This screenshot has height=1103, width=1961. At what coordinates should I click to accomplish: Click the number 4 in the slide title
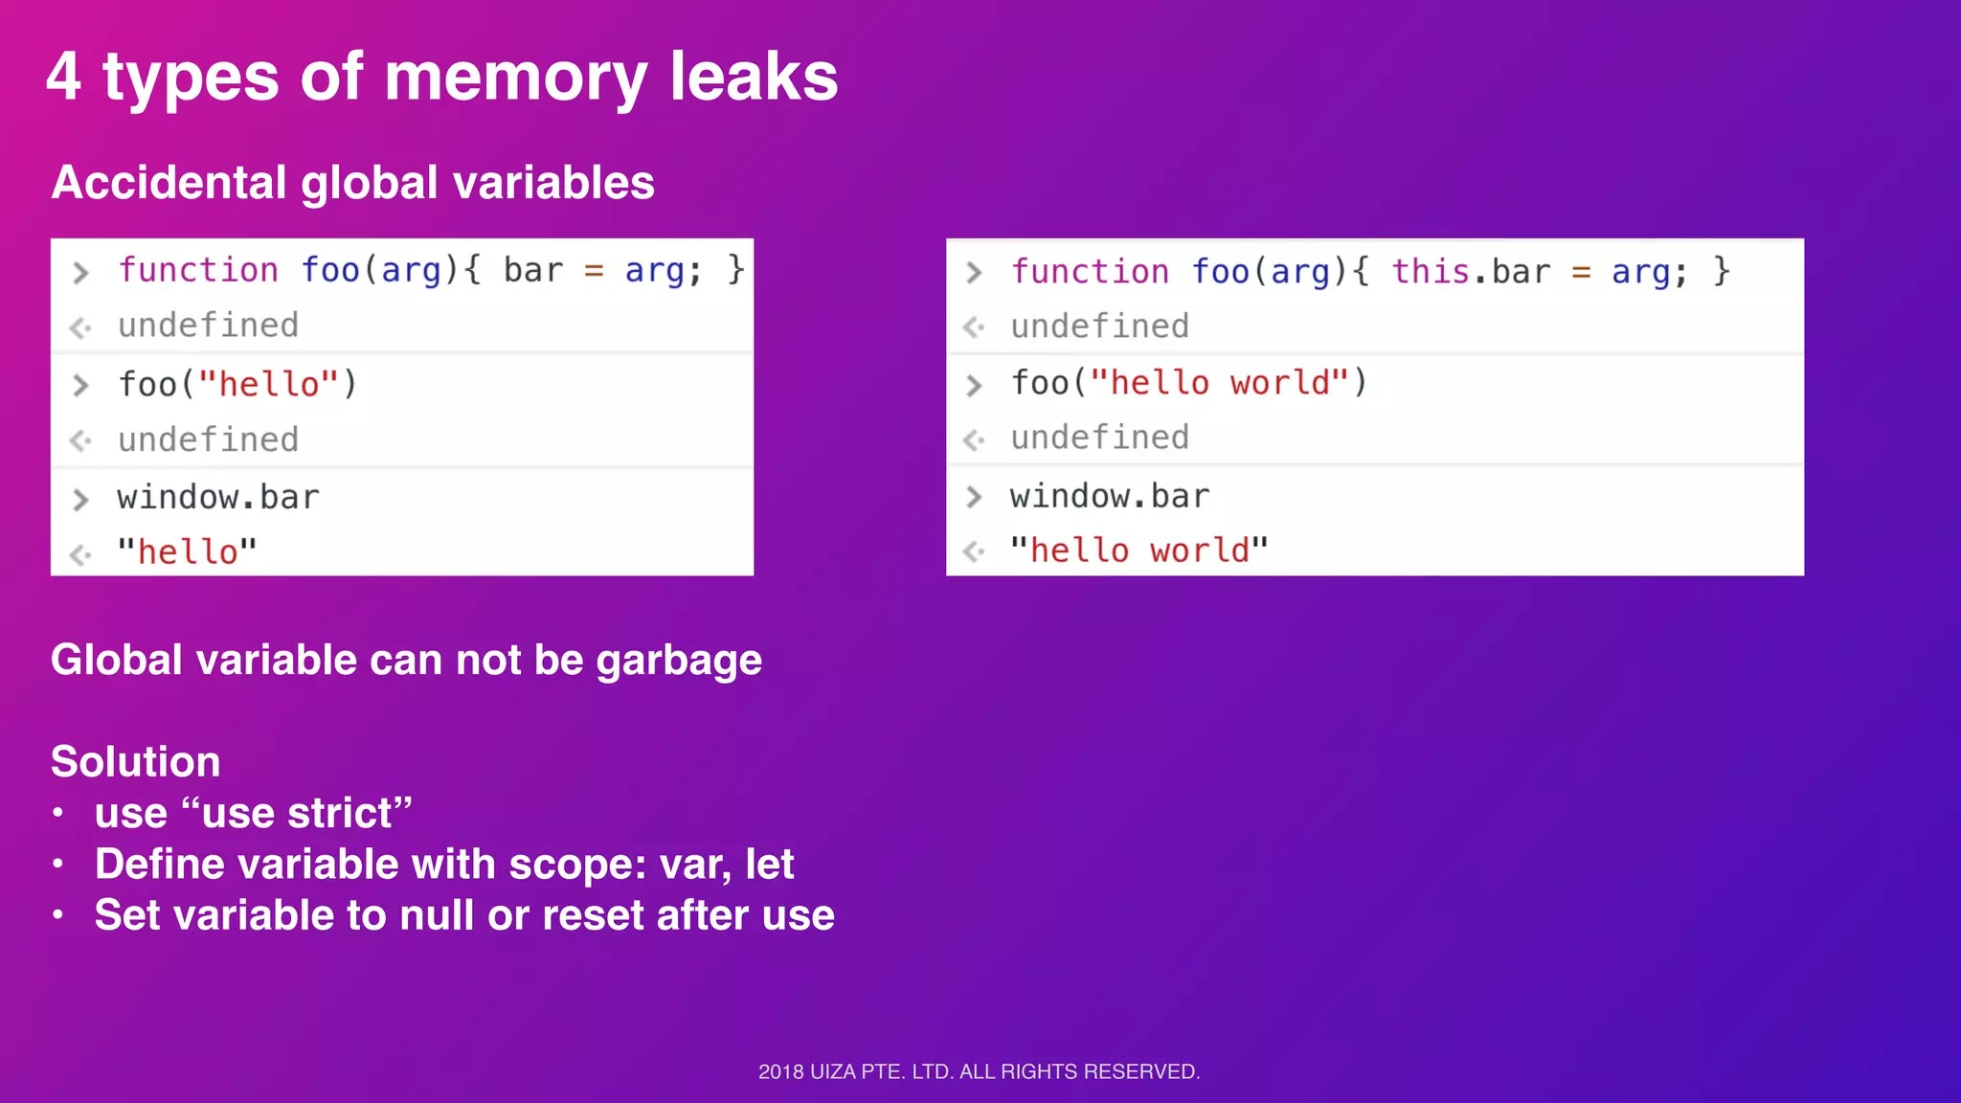pos(63,77)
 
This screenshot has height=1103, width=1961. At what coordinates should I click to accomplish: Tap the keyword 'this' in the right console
pos(1431,272)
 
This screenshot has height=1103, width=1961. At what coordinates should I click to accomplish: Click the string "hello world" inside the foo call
pos(1220,383)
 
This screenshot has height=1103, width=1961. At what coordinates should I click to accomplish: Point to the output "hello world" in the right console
pos(1139,551)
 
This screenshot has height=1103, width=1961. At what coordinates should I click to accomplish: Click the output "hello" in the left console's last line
pos(188,552)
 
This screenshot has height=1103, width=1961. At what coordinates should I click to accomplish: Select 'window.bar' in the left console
pos(218,498)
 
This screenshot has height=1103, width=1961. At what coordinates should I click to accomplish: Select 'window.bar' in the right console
pos(1110,497)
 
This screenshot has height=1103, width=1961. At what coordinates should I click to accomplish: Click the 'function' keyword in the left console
pos(198,271)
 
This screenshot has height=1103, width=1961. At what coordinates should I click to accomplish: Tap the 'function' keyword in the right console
pos(1090,272)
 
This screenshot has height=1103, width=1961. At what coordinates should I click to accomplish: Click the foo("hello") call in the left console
pos(237,385)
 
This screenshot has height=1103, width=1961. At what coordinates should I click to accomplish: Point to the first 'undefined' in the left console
pos(209,326)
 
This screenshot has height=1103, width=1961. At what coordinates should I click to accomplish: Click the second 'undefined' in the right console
pos(1100,439)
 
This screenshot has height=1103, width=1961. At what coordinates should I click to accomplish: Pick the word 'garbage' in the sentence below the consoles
pos(679,662)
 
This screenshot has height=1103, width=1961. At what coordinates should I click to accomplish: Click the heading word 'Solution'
pos(136,762)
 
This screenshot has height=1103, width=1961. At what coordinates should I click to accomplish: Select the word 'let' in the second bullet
pos(770,865)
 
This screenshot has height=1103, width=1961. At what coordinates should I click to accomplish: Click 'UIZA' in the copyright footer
pos(832,1072)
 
